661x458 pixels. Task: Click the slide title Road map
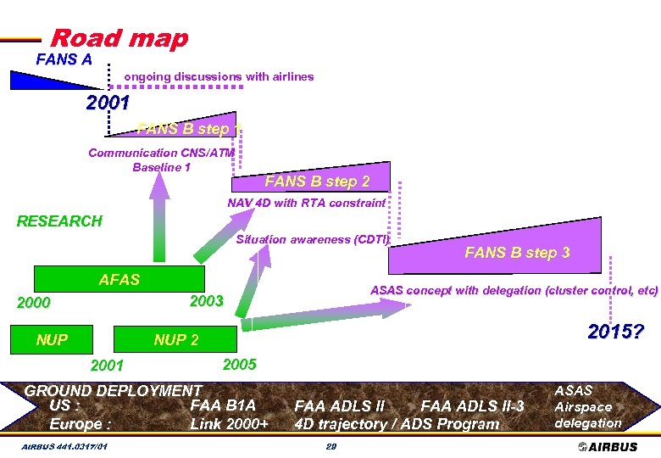[x=119, y=38]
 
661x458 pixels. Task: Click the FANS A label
[x=64, y=59]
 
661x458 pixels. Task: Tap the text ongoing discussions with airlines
[x=219, y=76]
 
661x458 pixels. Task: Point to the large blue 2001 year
[x=108, y=104]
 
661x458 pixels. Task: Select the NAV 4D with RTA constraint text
[x=306, y=203]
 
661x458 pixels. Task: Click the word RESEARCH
[x=59, y=221]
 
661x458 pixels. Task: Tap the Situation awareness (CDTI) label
[x=312, y=239]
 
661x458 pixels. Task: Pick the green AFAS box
[x=119, y=279]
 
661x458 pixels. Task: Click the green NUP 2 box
[x=176, y=340]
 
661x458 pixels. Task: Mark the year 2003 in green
[x=207, y=301]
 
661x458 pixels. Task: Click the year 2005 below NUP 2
[x=239, y=365]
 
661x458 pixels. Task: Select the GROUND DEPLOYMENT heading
[x=113, y=390]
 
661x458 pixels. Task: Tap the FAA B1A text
[x=223, y=405]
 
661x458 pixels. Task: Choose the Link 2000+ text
[x=229, y=423]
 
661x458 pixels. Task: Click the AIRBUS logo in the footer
[x=608, y=446]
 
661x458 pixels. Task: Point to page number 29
[x=332, y=446]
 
